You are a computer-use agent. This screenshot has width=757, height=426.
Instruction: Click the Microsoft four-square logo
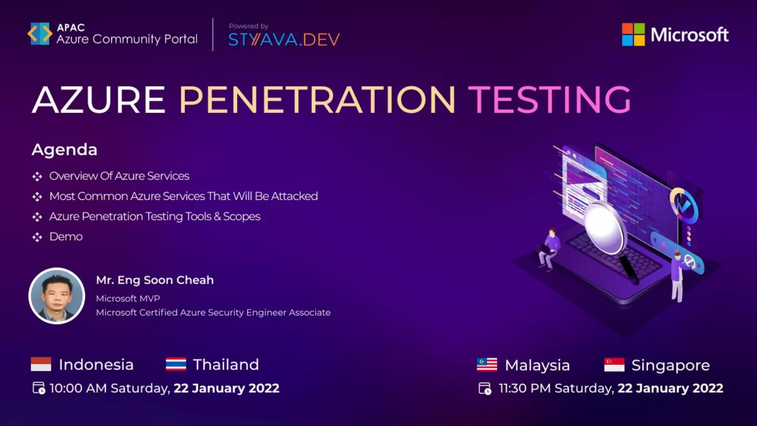pyautogui.click(x=633, y=34)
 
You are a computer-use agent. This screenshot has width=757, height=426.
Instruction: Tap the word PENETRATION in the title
pyautogui.click(x=317, y=100)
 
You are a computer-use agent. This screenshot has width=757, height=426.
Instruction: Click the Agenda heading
pyautogui.click(x=64, y=150)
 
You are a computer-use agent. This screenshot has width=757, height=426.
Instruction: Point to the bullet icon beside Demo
pyautogui.click(x=37, y=237)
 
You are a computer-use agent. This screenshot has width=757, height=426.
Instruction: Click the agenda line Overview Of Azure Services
pyautogui.click(x=119, y=176)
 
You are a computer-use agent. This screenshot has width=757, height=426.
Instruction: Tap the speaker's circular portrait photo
pyautogui.click(x=57, y=296)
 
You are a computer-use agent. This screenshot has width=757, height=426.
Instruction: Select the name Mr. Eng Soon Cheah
pyautogui.click(x=155, y=280)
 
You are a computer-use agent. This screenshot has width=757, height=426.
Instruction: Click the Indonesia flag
pyautogui.click(x=41, y=364)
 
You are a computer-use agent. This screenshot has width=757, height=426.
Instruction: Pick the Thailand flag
pyautogui.click(x=176, y=364)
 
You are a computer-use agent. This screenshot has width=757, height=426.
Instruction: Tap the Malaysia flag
pyautogui.click(x=487, y=365)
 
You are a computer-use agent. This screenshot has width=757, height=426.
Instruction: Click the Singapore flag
pyautogui.click(x=614, y=365)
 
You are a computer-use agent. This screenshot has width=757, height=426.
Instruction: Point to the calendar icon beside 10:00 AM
pyautogui.click(x=39, y=388)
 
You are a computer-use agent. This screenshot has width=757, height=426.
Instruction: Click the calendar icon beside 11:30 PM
pyautogui.click(x=485, y=389)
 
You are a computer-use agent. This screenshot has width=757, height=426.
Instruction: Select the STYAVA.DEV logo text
pyautogui.click(x=284, y=40)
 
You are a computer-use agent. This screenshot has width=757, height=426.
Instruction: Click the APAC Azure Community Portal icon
pyautogui.click(x=40, y=34)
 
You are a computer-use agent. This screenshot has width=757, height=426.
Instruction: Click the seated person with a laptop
pyautogui.click(x=549, y=248)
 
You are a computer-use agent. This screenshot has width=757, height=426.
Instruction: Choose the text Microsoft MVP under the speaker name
pyautogui.click(x=128, y=298)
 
